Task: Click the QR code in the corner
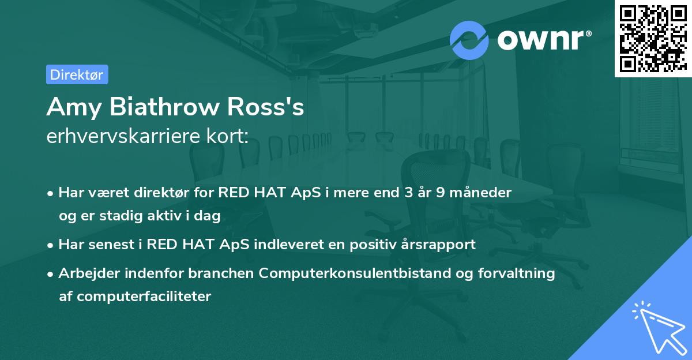[653, 38]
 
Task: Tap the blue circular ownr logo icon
[469, 39]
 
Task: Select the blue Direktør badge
[77, 74]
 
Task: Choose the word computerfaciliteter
[135, 297]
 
